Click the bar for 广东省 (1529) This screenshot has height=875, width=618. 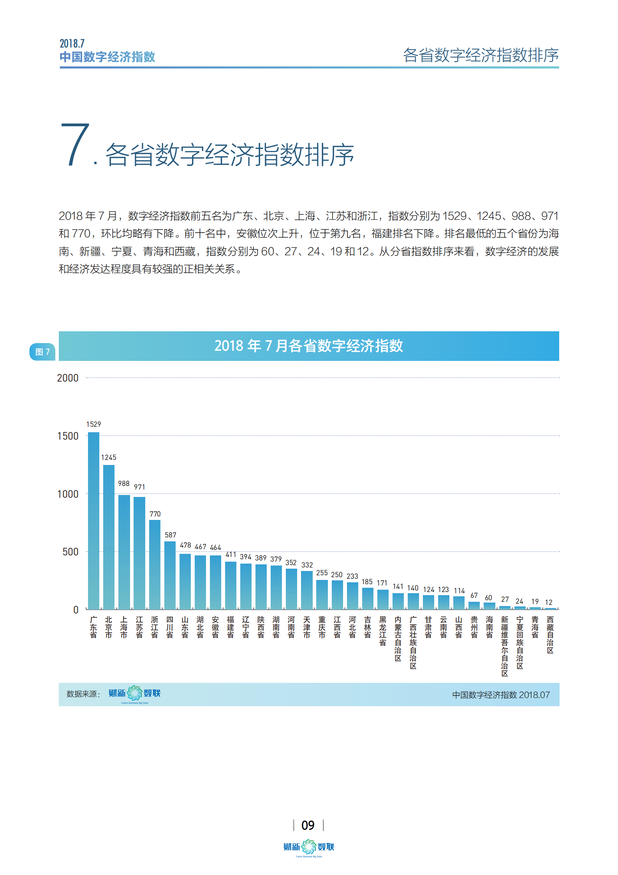click(x=93, y=520)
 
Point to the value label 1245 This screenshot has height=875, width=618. click(x=109, y=457)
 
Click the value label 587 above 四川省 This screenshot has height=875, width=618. click(x=170, y=535)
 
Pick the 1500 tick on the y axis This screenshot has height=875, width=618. click(x=68, y=436)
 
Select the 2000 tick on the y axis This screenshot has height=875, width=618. click(x=68, y=378)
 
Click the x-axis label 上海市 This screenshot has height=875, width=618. click(x=124, y=627)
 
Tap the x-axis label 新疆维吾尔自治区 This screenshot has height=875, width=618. click(x=504, y=646)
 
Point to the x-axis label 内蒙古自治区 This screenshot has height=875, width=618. click(x=398, y=638)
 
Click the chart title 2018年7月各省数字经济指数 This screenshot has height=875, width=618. click(x=308, y=346)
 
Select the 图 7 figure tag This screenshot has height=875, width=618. click(x=42, y=352)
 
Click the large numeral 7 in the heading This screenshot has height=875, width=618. click(x=76, y=145)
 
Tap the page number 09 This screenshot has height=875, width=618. click(x=308, y=825)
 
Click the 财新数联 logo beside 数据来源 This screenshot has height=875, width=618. click(x=135, y=694)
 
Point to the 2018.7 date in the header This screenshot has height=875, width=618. click(x=72, y=43)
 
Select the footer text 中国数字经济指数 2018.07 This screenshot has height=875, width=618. click(x=501, y=695)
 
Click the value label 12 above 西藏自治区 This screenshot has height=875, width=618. click(x=548, y=602)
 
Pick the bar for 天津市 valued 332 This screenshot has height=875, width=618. click(x=307, y=590)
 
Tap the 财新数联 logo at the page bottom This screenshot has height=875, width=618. click(x=309, y=847)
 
